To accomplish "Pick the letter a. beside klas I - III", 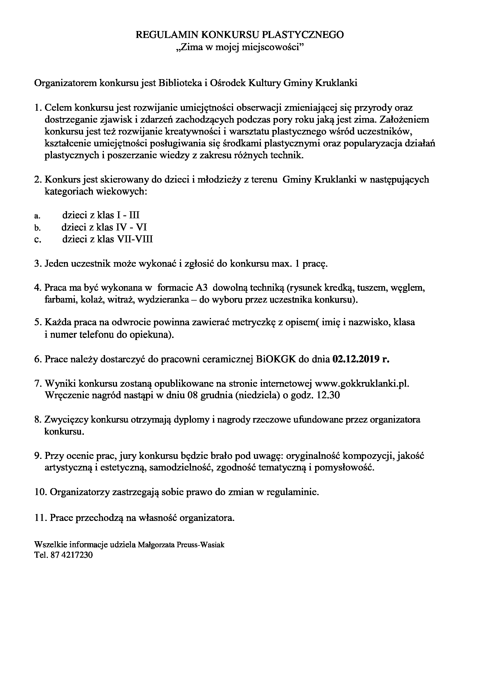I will (37, 216).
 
